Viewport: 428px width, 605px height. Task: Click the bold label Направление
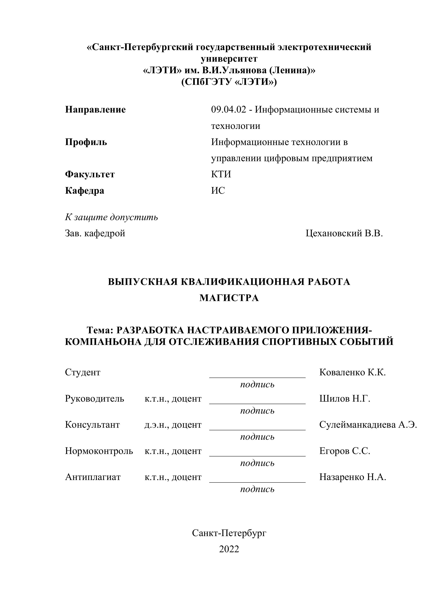point(95,109)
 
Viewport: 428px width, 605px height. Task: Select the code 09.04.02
point(228,109)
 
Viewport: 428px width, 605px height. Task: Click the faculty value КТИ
point(221,174)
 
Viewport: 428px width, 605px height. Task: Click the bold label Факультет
point(90,174)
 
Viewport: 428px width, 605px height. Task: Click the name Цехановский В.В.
point(344,233)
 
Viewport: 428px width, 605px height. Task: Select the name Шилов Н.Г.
point(345,399)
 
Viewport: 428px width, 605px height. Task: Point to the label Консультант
point(92,425)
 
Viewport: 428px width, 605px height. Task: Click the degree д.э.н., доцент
point(173,425)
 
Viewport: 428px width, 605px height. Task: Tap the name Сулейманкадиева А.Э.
point(368,425)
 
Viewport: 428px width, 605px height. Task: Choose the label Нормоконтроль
point(99,451)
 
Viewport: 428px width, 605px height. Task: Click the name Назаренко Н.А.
point(353,477)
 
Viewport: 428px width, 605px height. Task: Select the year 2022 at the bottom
point(229,549)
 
